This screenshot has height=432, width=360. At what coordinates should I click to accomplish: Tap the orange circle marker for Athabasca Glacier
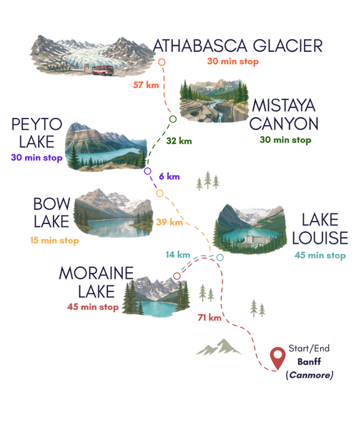(162, 62)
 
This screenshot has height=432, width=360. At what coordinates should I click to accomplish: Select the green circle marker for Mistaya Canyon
(173, 119)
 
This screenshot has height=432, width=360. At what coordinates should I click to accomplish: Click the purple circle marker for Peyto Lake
(148, 171)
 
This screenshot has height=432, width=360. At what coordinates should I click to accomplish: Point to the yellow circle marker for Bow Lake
(160, 194)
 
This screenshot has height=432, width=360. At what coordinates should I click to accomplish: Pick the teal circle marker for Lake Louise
(220, 257)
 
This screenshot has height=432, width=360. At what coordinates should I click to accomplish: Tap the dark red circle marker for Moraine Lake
(177, 276)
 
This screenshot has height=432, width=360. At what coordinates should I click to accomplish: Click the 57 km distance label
(146, 85)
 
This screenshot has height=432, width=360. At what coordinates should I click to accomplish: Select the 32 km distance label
(179, 141)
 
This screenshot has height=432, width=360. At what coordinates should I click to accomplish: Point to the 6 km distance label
(170, 176)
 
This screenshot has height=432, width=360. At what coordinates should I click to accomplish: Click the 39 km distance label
(170, 222)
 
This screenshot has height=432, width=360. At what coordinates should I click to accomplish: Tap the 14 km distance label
(178, 255)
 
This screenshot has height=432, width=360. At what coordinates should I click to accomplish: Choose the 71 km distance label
(210, 318)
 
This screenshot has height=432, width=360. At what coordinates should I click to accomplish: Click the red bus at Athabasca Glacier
(102, 71)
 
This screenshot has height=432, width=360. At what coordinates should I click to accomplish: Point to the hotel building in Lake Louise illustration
(256, 239)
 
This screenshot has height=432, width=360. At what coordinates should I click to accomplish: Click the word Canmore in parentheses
(309, 375)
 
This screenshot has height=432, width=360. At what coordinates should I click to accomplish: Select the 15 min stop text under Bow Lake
(54, 240)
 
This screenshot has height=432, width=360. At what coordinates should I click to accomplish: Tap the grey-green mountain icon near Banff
(218, 347)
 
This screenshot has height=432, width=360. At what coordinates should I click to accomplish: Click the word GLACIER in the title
(288, 46)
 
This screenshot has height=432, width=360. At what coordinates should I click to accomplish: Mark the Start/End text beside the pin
(309, 348)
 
